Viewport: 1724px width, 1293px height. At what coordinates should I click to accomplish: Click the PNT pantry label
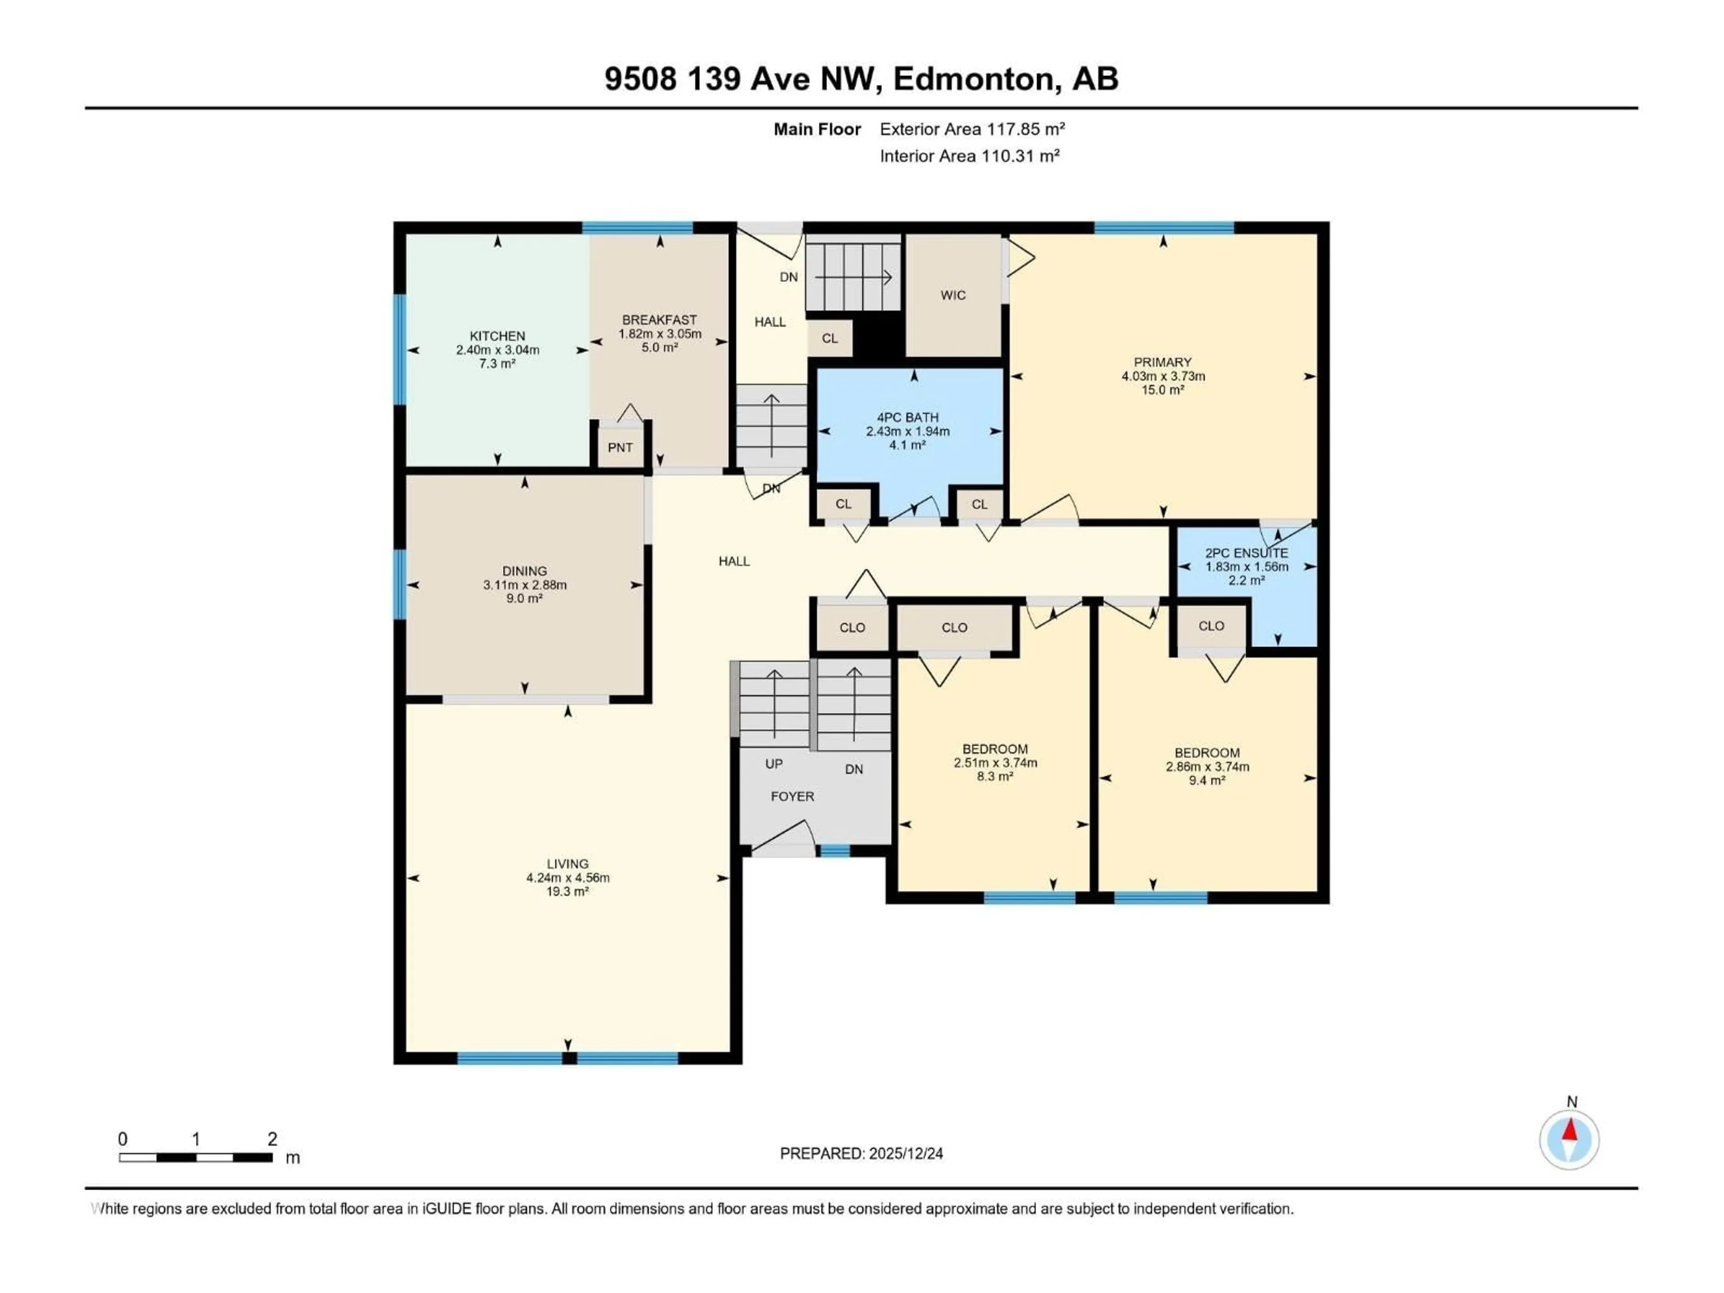(620, 447)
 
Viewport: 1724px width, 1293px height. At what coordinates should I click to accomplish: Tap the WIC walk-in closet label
(952, 295)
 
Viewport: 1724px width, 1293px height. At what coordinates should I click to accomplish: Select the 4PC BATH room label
(907, 418)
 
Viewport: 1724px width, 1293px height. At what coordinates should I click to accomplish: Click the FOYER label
(792, 796)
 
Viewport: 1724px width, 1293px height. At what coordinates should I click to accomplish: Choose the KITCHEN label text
(497, 336)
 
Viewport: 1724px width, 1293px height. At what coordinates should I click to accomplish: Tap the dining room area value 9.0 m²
(524, 598)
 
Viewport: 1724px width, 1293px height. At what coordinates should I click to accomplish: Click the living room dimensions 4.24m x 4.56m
(567, 878)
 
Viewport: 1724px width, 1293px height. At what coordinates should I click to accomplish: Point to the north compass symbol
(1570, 1139)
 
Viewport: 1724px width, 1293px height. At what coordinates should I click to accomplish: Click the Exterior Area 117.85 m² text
(972, 129)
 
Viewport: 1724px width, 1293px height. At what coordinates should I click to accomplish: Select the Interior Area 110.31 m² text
(969, 156)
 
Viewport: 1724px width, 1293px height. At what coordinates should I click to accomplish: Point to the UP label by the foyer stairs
(773, 764)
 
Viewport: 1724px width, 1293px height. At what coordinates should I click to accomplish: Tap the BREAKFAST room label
(660, 320)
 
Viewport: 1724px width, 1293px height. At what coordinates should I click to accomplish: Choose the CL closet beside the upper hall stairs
(829, 338)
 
